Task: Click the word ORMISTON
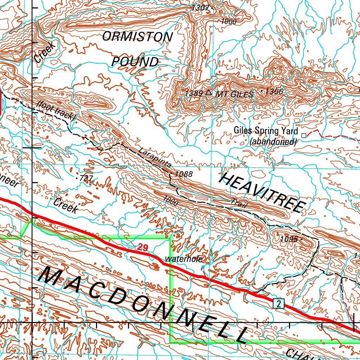[137, 37]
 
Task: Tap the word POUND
[135, 62]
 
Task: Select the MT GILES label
[234, 94]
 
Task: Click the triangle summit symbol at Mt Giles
[208, 93]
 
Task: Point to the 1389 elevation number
[194, 93]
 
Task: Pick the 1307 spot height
[201, 8]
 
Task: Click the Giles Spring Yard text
[266, 131]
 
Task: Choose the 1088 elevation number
[184, 174]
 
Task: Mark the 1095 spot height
[289, 239]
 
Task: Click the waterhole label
[184, 259]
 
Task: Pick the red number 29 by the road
[142, 247]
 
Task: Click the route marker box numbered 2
[278, 304]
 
